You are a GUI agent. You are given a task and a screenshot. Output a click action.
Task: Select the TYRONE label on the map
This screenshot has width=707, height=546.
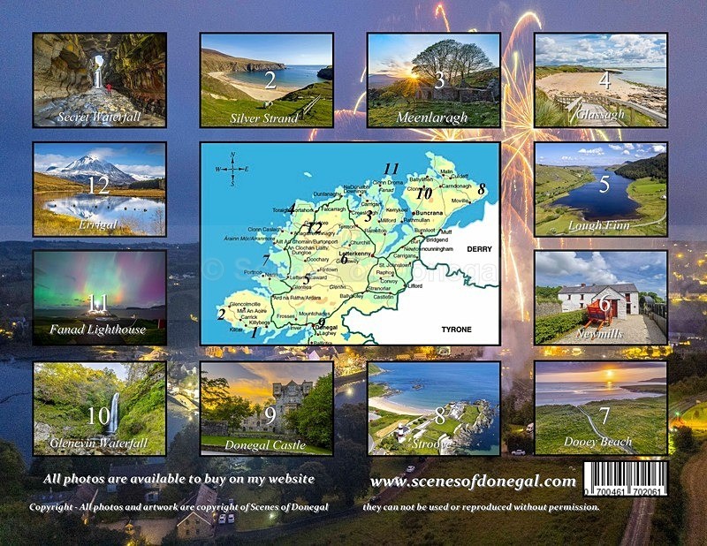(456, 329)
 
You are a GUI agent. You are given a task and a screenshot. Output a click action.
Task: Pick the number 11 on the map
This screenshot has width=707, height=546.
(392, 168)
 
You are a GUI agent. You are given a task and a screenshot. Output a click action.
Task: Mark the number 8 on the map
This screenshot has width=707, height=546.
(482, 187)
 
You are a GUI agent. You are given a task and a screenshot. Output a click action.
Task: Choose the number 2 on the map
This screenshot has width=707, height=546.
(221, 313)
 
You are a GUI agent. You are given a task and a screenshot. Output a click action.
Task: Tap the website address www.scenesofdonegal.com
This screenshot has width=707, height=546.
(474, 481)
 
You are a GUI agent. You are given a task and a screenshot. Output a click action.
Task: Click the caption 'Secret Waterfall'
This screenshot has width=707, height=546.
(98, 117)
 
